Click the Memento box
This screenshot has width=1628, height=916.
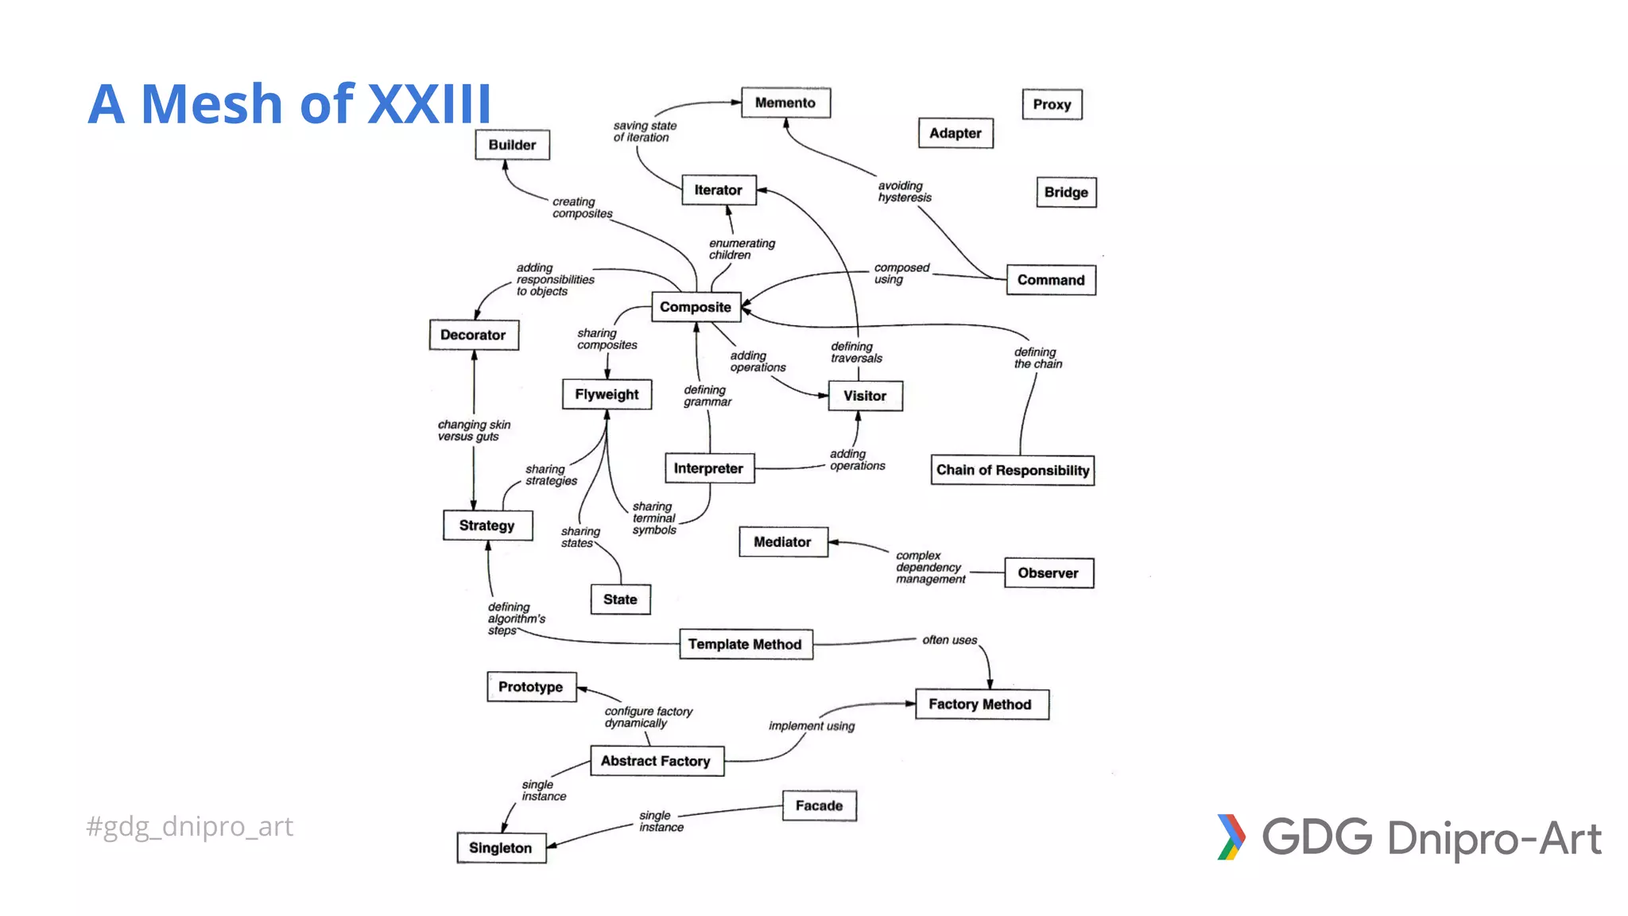[785, 103]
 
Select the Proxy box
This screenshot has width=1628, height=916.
[1052, 104]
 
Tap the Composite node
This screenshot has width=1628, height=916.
[696, 307]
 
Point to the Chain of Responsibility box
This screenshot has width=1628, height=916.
[1012, 470]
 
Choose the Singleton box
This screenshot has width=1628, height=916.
[501, 848]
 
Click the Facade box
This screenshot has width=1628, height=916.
[819, 805]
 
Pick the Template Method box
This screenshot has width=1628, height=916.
[745, 644]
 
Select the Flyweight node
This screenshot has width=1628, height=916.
[607, 394]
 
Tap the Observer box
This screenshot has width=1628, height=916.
[1048, 572]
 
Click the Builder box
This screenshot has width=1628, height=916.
[512, 145]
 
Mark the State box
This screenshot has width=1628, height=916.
[620, 600]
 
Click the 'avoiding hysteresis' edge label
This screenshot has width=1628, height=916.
[905, 192]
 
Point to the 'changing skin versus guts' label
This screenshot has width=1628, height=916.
[474, 430]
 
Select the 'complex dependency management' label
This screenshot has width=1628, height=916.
[930, 567]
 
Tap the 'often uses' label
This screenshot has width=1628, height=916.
[949, 640]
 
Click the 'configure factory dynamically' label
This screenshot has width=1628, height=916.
[648, 716]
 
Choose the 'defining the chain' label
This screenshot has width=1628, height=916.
[1037, 358]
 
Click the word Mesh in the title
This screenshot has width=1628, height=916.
[211, 104]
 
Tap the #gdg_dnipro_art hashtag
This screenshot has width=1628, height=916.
[189, 826]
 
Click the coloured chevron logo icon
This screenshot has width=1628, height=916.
[1231, 837]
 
